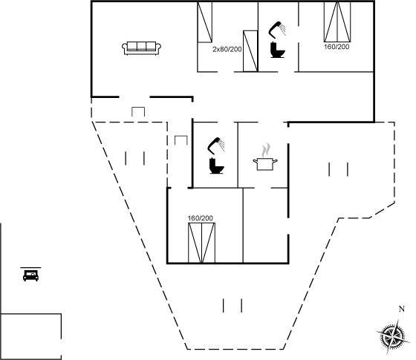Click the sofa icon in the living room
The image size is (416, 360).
coord(141,48)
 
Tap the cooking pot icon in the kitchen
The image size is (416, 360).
coord(265,164)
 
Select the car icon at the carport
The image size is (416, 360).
coord(30,275)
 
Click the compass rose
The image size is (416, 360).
coord(391,337)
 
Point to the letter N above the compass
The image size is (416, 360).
coord(402,309)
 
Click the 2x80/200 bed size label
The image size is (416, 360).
coord(227,49)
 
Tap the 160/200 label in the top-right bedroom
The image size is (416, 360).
coord(337,47)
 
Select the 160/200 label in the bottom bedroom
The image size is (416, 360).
coord(201,218)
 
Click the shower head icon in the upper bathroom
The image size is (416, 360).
coord(278,29)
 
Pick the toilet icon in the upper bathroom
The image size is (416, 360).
coord(278,49)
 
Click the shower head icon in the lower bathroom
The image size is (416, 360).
coord(216,145)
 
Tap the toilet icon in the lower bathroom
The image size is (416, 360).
coord(217,166)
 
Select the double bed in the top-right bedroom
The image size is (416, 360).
coord(337,22)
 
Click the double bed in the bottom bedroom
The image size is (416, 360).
coord(201,243)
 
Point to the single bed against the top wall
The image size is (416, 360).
coord(204,22)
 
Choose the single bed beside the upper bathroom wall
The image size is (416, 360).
coord(250,51)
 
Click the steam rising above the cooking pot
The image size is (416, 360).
coord(266,151)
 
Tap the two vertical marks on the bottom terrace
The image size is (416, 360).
coord(233,305)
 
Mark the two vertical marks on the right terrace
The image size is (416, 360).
coord(338,169)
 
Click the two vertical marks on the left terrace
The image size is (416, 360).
coord(135,158)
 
